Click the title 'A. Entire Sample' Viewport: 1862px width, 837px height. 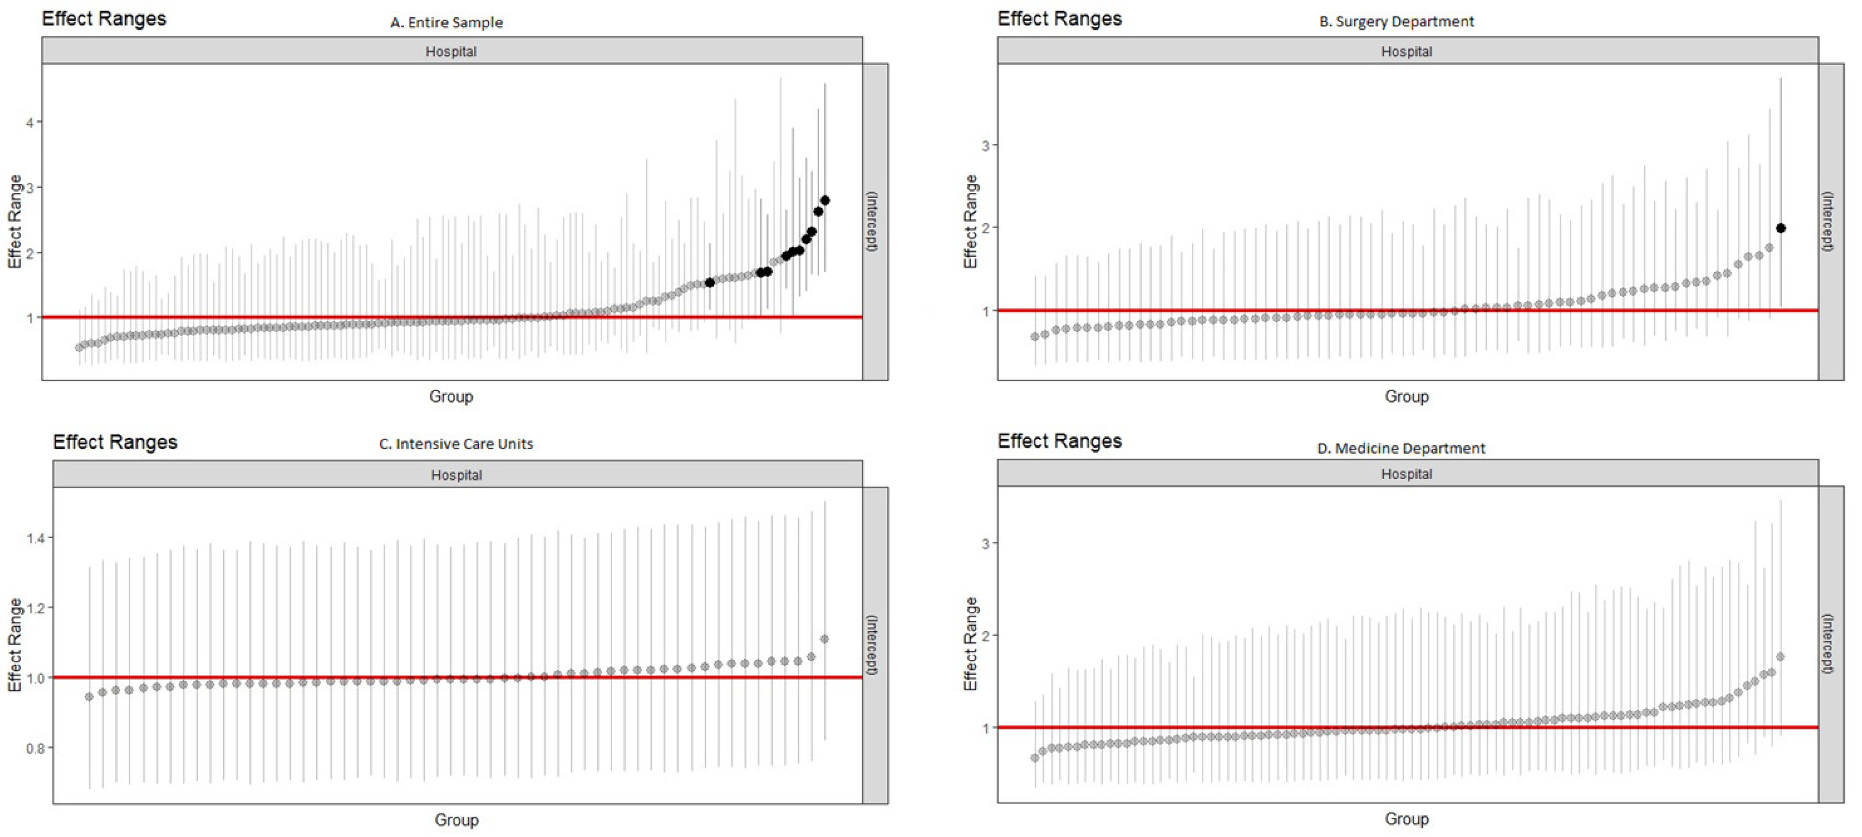pyautogui.click(x=446, y=22)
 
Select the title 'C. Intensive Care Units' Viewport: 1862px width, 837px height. pyautogui.click(x=456, y=444)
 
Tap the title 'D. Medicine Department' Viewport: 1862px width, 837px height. pyautogui.click(x=1401, y=448)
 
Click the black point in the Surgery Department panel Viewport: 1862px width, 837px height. pyautogui.click(x=1780, y=228)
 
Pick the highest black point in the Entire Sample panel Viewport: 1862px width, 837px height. pyautogui.click(x=825, y=200)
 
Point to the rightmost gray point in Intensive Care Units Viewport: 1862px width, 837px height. pyautogui.click(x=824, y=639)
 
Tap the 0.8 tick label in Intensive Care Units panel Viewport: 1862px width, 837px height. pyautogui.click(x=35, y=748)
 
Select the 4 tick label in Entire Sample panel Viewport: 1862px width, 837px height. pyautogui.click(x=30, y=122)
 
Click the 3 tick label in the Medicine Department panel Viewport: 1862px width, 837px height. pyautogui.click(x=985, y=544)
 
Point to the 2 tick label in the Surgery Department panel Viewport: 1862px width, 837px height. pyautogui.click(x=985, y=228)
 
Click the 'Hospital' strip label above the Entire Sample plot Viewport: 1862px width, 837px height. pyautogui.click(x=451, y=51)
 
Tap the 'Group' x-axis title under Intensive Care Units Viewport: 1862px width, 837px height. pyautogui.click(x=456, y=820)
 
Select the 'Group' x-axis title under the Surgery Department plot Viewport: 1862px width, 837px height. pyautogui.click(x=1406, y=396)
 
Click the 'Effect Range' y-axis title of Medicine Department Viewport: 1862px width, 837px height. pyautogui.click(x=970, y=643)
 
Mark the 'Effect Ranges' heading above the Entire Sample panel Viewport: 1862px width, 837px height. pyautogui.click(x=104, y=19)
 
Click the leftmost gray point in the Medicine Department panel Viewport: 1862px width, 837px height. pyautogui.click(x=1034, y=758)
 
